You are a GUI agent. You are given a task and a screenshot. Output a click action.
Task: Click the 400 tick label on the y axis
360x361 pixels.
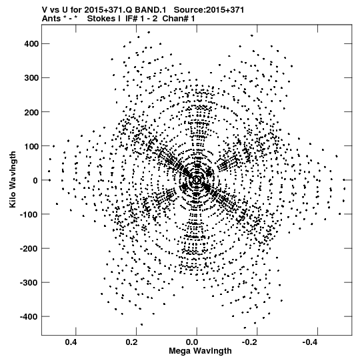point(31,44)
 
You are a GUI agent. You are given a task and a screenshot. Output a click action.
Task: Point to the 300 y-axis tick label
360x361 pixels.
point(31,78)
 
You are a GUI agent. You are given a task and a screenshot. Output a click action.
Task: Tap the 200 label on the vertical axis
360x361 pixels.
point(31,112)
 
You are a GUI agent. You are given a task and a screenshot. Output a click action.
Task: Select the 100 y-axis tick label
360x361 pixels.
point(31,146)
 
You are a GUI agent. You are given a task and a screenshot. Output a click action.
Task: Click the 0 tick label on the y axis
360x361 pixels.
point(35,180)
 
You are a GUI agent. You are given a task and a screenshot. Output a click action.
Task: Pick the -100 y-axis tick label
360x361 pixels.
point(29,214)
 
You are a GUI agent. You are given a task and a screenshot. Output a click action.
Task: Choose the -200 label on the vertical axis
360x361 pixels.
point(29,248)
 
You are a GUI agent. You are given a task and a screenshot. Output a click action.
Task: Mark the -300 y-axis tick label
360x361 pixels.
point(29,282)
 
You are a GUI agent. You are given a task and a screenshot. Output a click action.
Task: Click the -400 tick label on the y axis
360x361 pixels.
point(29,316)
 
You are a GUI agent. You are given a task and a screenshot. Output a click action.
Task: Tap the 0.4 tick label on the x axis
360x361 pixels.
point(71,342)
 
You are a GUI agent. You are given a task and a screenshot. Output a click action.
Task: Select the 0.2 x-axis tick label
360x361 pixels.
point(132,342)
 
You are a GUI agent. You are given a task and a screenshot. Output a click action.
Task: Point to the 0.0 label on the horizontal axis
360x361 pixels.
point(193,342)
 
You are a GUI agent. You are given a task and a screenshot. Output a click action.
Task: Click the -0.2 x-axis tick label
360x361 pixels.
point(251,342)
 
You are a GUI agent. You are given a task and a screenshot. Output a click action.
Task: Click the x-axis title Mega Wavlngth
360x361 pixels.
point(200,351)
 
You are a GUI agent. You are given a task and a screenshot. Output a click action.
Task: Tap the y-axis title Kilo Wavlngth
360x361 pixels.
point(13,179)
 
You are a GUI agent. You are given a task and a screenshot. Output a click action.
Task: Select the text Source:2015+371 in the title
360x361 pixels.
point(209,10)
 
